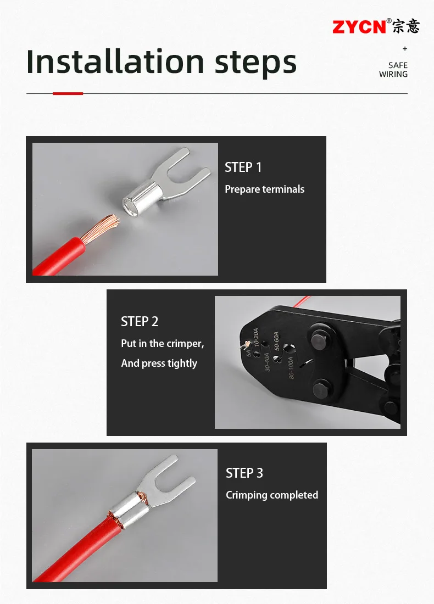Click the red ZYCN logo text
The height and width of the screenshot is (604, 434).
359,27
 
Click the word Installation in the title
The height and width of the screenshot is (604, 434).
115,61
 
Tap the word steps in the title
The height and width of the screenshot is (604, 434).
255,63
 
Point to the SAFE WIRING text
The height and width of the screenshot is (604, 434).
393,70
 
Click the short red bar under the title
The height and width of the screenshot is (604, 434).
68,93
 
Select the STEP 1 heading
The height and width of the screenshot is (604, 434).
243,167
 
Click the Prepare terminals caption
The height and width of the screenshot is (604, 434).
264,189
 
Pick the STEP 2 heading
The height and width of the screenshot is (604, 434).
140,322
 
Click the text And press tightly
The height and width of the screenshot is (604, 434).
159,363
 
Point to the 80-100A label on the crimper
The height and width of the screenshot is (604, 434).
291,368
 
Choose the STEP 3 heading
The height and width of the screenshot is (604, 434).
244,473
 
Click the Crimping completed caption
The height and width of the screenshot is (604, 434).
272,495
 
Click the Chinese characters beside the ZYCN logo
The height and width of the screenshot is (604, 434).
406,26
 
